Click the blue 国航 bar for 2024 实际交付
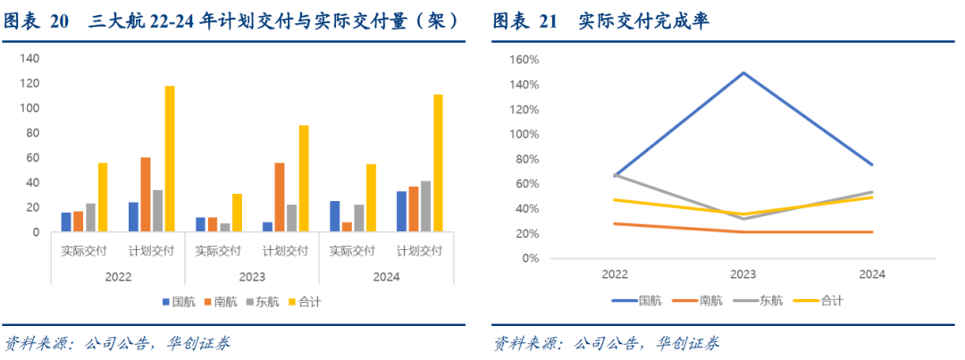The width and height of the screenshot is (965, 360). (x=334, y=216)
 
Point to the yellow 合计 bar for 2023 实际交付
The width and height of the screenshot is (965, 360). (x=237, y=213)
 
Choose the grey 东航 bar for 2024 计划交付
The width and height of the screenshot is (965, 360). (x=425, y=206)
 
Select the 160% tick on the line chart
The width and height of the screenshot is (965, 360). (x=524, y=60)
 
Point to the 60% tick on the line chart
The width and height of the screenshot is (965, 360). (x=527, y=184)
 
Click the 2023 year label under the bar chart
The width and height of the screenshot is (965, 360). (x=251, y=277)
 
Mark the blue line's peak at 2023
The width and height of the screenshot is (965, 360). (x=743, y=72)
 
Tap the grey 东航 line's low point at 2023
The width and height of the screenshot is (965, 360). (x=743, y=219)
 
